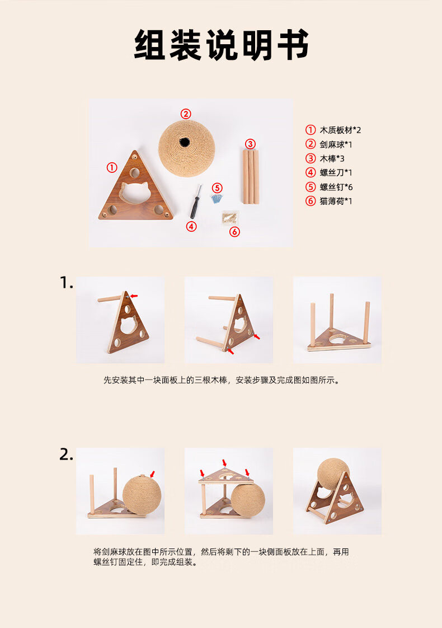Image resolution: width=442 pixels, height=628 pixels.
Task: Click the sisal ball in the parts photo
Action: [x=186, y=148]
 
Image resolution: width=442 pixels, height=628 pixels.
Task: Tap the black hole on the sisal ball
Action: [x=184, y=142]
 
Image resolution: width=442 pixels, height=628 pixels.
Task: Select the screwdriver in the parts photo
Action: [x=195, y=201]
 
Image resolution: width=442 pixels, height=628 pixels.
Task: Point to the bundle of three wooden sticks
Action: [x=250, y=176]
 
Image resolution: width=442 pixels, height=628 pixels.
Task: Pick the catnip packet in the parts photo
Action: [x=230, y=218]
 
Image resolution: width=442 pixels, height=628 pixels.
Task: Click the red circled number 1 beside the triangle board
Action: [x=112, y=167]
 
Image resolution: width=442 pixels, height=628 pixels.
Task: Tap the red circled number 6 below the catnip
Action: [x=234, y=232]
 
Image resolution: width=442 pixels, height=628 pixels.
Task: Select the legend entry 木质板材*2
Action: [x=333, y=130]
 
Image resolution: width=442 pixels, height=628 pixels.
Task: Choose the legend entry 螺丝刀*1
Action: [x=328, y=172]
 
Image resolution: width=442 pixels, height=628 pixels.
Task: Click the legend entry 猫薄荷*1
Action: [x=328, y=201]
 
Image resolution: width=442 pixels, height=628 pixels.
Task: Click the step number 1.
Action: [x=66, y=283]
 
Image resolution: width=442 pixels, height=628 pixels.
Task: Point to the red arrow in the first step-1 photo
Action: [x=134, y=296]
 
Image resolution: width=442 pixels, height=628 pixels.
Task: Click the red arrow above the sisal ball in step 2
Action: [x=152, y=474]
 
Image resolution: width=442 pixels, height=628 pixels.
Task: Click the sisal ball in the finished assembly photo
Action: [x=333, y=474]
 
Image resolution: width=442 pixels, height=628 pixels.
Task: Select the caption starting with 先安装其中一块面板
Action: [x=222, y=380]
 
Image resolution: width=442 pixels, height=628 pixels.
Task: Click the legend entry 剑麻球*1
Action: [x=328, y=144]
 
